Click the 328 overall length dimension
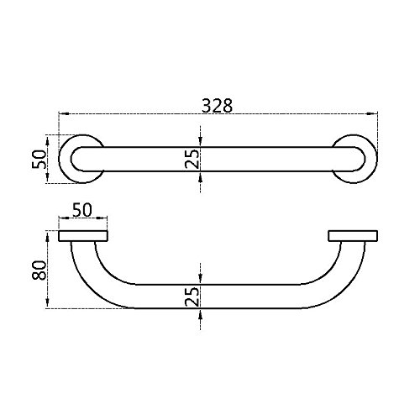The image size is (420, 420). [217, 106]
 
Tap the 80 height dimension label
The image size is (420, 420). [39, 270]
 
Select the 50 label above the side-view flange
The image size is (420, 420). [82, 210]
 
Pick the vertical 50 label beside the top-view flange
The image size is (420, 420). [39, 160]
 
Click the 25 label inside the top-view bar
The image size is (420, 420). [192, 159]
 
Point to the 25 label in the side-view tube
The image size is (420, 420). [192, 297]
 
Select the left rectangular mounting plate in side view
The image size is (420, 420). [83, 236]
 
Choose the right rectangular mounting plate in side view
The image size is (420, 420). [353, 236]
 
